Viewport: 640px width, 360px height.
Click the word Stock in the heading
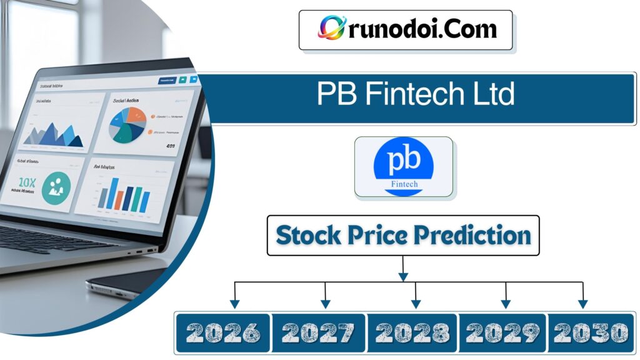coord(309,236)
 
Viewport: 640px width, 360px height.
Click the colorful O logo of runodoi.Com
coord(332,28)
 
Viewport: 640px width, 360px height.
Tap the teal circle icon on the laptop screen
coord(56,186)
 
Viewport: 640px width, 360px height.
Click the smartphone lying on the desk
coord(125,281)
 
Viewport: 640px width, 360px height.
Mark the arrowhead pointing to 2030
coord(582,304)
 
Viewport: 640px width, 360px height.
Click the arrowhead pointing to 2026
coord(234,304)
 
